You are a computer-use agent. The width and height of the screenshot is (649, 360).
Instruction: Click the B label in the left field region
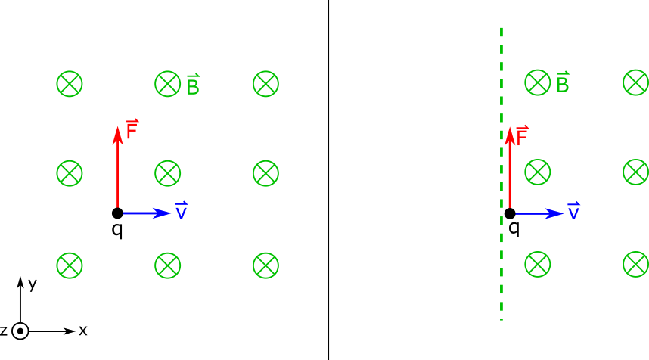coord(193,86)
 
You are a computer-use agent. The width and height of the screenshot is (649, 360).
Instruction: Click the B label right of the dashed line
coord(562,84)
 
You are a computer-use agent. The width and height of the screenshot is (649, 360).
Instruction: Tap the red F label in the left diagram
coord(132,131)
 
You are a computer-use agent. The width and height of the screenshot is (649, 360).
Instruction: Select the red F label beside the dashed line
coord(522,136)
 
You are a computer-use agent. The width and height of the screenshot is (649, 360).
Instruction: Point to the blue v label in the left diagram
coord(182,212)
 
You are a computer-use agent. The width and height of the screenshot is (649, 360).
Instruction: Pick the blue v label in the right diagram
coord(573,213)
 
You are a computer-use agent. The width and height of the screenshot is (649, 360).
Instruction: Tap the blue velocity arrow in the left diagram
coord(147,213)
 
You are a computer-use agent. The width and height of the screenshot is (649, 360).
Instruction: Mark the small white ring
coord(20,331)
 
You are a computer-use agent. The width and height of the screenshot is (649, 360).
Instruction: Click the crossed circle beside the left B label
coord(168,84)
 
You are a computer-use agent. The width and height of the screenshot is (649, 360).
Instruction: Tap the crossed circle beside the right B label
coord(538,82)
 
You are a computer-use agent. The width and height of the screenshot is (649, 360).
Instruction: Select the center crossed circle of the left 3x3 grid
coord(168,173)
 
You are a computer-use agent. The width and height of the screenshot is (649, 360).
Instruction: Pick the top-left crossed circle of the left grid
coord(70,84)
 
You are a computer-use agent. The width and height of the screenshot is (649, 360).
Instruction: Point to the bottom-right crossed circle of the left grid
coord(265,265)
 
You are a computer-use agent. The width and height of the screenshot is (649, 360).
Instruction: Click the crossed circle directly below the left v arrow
coord(168,265)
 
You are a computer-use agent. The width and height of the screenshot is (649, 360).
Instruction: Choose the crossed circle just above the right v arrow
coord(538,172)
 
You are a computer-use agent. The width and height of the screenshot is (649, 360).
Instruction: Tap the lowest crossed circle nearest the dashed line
coord(538,264)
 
